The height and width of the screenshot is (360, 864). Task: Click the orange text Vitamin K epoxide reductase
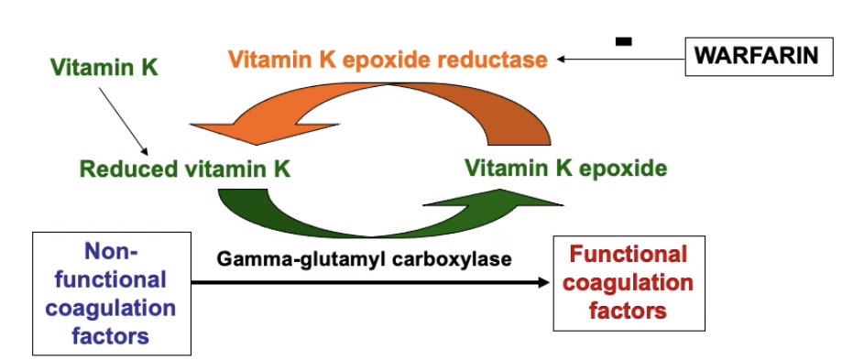click(x=388, y=60)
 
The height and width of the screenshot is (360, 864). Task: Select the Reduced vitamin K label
click(x=185, y=169)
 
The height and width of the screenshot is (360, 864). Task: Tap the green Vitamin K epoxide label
click(x=566, y=169)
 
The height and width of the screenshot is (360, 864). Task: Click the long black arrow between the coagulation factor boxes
click(x=366, y=284)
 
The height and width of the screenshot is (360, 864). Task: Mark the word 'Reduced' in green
click(x=127, y=169)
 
